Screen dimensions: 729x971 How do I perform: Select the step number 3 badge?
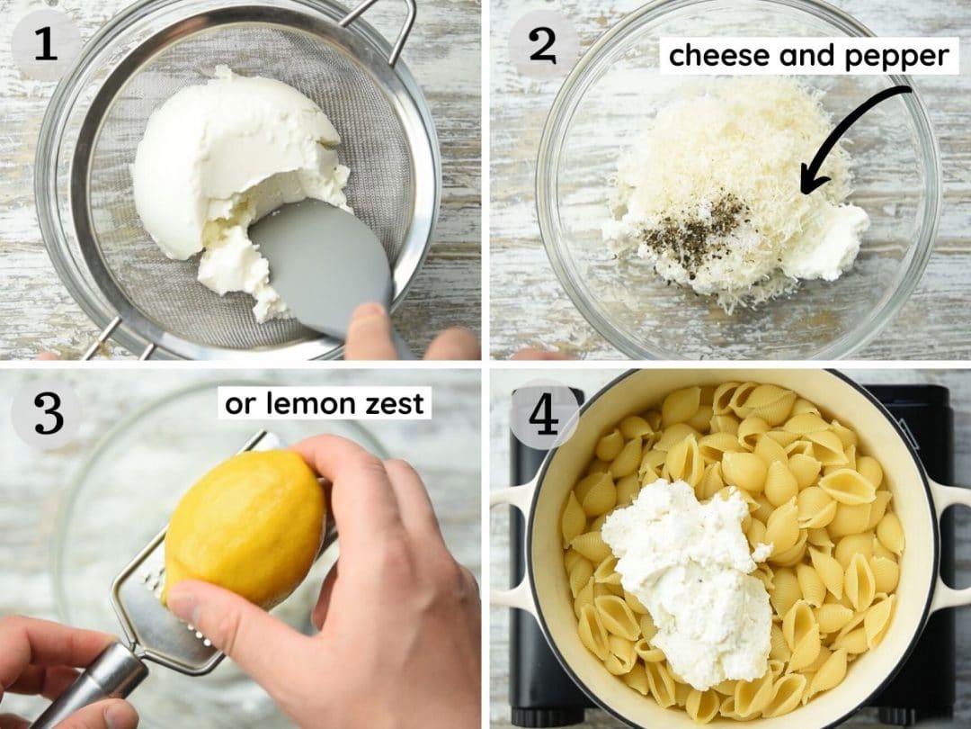click(x=48, y=414)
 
